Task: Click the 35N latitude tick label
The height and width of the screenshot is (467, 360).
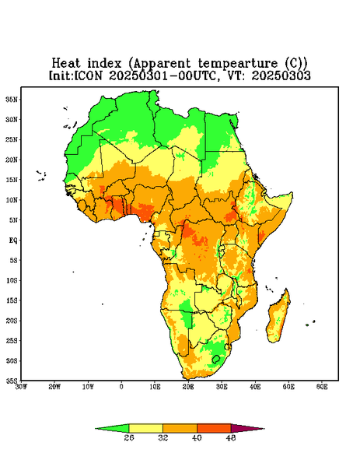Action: (x=12, y=100)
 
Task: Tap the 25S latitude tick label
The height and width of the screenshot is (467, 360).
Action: (x=12, y=341)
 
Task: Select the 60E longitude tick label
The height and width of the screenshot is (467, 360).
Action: (x=322, y=387)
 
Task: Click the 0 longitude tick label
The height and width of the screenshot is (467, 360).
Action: (x=121, y=387)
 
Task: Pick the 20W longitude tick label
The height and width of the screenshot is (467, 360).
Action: (x=54, y=387)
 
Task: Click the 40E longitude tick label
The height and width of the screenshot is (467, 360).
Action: (x=255, y=387)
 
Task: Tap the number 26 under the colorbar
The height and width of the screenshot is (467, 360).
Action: (x=129, y=437)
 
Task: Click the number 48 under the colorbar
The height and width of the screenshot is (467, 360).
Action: (x=231, y=437)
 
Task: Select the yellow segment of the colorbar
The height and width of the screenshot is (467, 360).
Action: (x=145, y=428)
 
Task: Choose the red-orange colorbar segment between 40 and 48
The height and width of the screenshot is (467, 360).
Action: (x=214, y=428)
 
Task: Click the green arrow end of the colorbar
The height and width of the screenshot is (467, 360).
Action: (x=112, y=428)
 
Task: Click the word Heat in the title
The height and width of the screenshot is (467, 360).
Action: (x=66, y=64)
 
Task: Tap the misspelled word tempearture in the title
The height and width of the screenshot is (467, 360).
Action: (x=239, y=64)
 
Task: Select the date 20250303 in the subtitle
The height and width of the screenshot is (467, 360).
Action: (x=281, y=75)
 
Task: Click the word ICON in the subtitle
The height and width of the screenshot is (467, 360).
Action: (x=89, y=75)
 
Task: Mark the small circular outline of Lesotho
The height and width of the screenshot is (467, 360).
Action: (x=216, y=359)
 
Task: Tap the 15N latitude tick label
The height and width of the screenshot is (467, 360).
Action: (x=12, y=180)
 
